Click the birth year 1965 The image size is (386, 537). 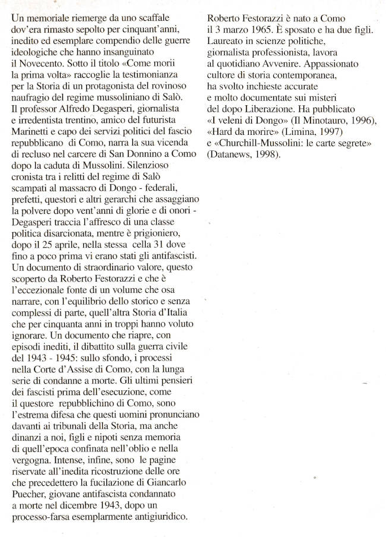tap(260, 29)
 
